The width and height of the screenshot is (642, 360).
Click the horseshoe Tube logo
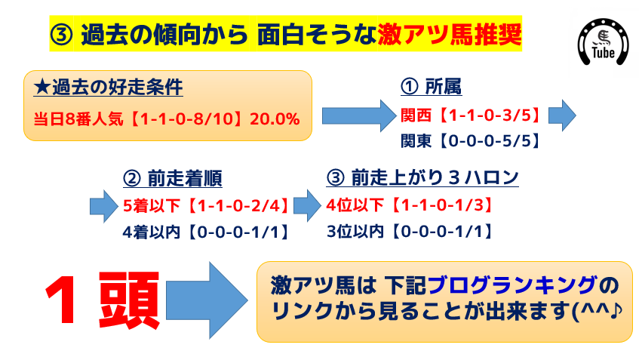click(x=603, y=42)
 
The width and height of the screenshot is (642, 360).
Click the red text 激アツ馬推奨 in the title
click(x=450, y=35)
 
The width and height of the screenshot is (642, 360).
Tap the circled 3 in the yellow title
click(x=61, y=35)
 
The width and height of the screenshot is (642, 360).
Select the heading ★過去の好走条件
click(x=108, y=88)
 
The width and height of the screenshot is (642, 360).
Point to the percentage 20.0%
click(x=275, y=119)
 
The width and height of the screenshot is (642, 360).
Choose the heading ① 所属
click(x=431, y=87)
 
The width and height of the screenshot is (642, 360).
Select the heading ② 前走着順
click(x=172, y=179)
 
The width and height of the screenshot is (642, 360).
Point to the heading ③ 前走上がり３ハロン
click(x=422, y=178)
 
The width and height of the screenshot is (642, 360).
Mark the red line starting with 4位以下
click(x=411, y=205)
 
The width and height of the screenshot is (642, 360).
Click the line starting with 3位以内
click(x=411, y=232)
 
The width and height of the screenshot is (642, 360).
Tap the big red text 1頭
click(x=102, y=300)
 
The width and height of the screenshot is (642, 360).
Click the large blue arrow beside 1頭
click(x=207, y=300)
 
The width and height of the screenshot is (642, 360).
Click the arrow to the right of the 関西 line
click(x=562, y=115)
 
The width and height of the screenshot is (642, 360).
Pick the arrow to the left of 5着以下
click(x=104, y=206)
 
